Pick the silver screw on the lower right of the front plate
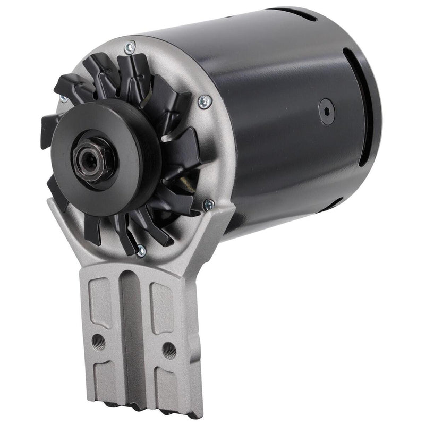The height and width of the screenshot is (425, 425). click(208, 203)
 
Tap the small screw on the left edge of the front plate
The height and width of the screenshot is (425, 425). click(63, 99)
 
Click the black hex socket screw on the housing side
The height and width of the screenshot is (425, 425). click(326, 112)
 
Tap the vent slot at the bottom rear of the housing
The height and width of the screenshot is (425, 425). click(332, 205)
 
